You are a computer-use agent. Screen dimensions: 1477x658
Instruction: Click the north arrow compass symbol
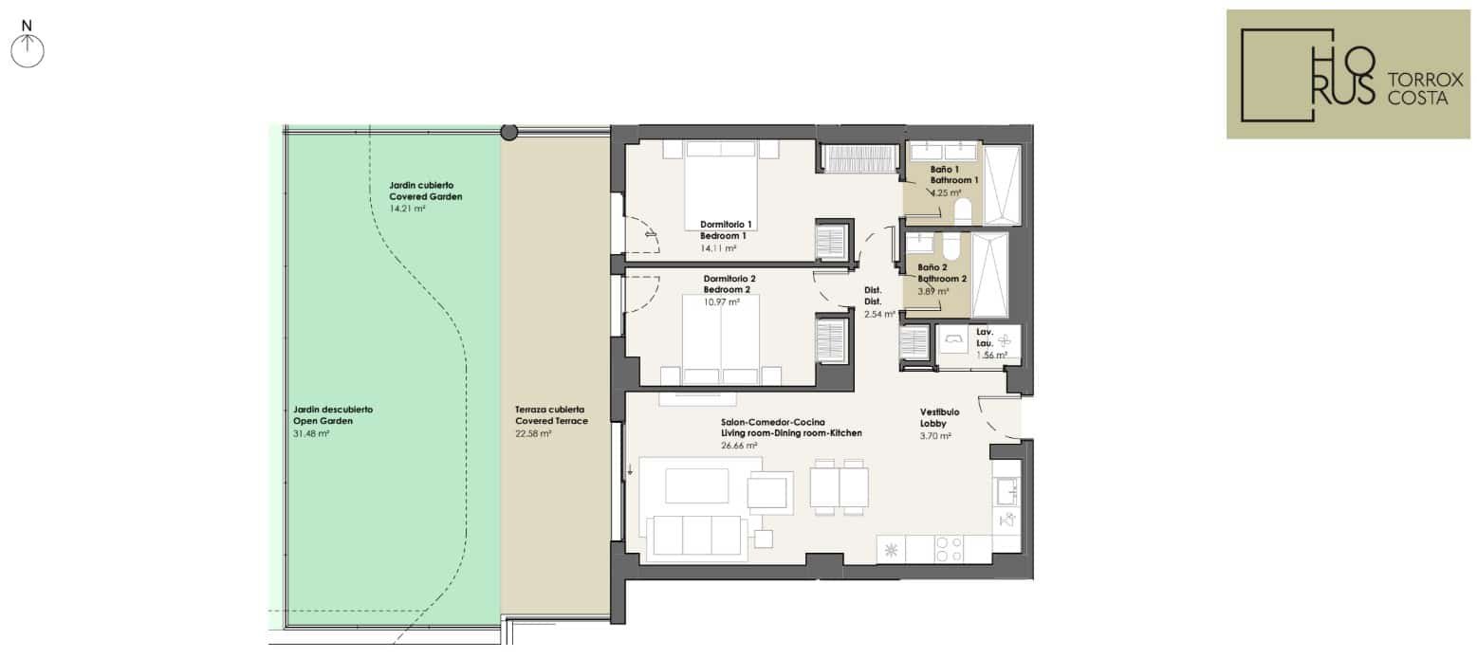coord(27,51)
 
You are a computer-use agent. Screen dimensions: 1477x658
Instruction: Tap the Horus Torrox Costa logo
coord(1348,74)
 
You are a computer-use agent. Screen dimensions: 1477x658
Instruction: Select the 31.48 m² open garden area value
coord(311,434)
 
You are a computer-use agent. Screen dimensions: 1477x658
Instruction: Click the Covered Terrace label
coord(551,421)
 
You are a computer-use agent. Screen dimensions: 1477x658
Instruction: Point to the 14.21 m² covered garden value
coord(407,209)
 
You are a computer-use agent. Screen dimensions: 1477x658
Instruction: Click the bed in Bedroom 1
coord(720,185)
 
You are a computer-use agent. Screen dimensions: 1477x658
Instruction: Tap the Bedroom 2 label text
coord(727,289)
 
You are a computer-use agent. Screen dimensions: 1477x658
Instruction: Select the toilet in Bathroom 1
coord(963,210)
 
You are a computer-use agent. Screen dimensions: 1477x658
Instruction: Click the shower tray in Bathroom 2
coord(989,276)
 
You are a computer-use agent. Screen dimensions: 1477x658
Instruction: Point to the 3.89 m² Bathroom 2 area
coord(933,291)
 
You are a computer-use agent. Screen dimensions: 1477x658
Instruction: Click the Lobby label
coord(933,424)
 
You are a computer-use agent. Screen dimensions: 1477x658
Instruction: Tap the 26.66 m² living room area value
coord(739,446)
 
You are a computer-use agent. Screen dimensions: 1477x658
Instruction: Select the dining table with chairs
coord(839,487)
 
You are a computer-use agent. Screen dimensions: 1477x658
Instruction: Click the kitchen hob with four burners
coord(949,549)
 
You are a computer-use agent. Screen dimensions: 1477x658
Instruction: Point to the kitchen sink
coord(1006,492)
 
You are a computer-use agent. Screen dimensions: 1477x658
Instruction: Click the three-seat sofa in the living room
coord(697,536)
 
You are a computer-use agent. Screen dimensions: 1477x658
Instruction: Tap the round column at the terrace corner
coord(509,132)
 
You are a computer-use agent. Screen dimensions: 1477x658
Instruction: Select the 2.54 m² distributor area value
coord(879,315)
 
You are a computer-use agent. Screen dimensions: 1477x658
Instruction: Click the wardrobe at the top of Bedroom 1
coord(859,159)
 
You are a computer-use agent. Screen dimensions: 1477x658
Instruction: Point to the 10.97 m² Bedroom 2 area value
coord(721,302)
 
